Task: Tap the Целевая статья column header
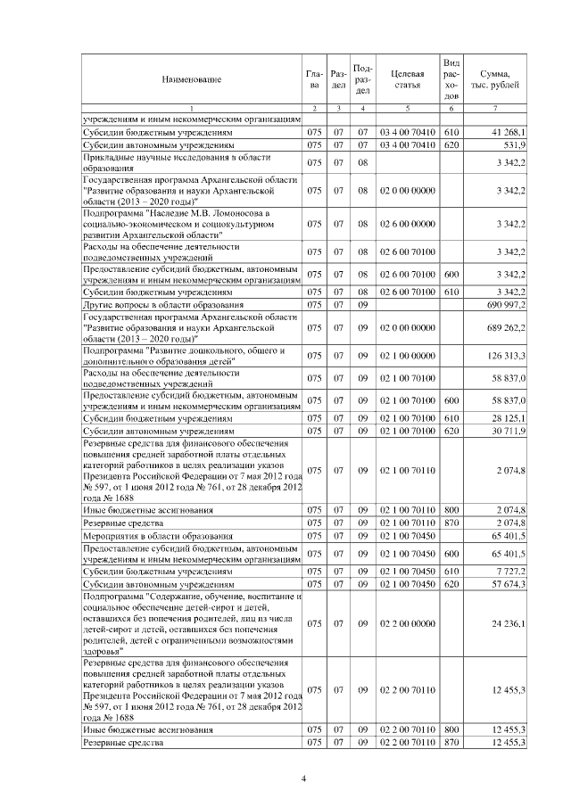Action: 407,80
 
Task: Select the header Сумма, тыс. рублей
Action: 495,80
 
